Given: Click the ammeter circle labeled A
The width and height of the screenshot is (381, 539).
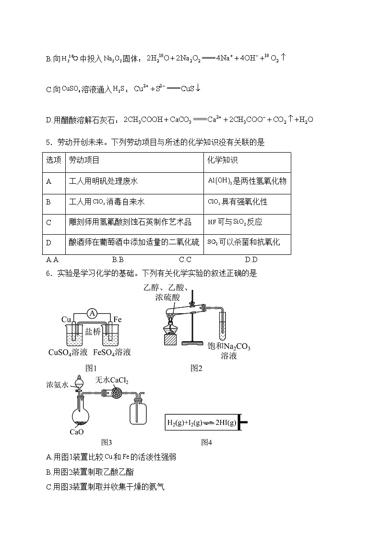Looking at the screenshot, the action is coord(93,313).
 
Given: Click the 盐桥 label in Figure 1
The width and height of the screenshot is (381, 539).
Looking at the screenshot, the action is coord(92,332).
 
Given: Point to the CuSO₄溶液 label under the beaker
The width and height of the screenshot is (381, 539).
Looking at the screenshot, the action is coord(68,352).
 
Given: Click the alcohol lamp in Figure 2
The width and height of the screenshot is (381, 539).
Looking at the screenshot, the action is coord(171,331).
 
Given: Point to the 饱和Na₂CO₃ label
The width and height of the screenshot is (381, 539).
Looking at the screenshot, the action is coord(229,347).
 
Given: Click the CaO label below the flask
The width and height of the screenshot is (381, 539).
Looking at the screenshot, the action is coord(77,431).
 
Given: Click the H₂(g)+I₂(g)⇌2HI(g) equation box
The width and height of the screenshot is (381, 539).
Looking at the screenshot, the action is coord(202,423).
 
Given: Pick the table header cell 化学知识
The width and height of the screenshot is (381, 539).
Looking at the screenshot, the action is coord(223,160).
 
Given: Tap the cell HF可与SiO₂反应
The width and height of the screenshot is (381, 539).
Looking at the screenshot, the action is coord(235,222).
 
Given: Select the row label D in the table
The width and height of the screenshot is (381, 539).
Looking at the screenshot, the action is coord(48,242).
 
